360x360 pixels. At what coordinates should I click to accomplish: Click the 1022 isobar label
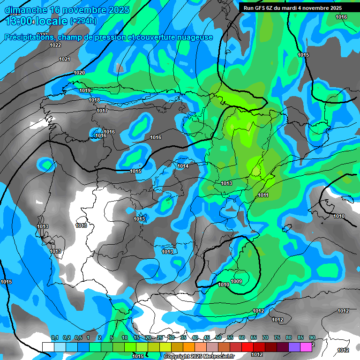55,45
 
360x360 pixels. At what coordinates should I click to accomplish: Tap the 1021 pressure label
65,59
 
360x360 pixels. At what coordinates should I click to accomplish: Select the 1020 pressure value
79,73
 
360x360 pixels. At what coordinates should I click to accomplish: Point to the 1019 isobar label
85,90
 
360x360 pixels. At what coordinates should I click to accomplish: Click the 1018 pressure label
94,100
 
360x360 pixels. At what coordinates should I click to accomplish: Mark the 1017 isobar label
102,111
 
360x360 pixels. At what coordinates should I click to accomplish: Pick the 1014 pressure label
183,166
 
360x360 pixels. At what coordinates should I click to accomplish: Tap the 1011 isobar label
263,195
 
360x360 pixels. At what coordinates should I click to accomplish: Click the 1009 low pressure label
236,281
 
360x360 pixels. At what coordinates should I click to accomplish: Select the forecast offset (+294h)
83,21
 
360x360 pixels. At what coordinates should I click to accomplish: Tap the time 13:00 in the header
20,21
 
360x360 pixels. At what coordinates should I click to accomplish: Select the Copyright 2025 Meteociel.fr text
199,356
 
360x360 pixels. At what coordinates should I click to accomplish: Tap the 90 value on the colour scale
312,337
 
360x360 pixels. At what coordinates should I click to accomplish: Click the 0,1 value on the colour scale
55,337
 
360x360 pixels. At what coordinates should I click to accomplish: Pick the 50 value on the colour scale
218,337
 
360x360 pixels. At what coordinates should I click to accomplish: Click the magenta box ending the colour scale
306,347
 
